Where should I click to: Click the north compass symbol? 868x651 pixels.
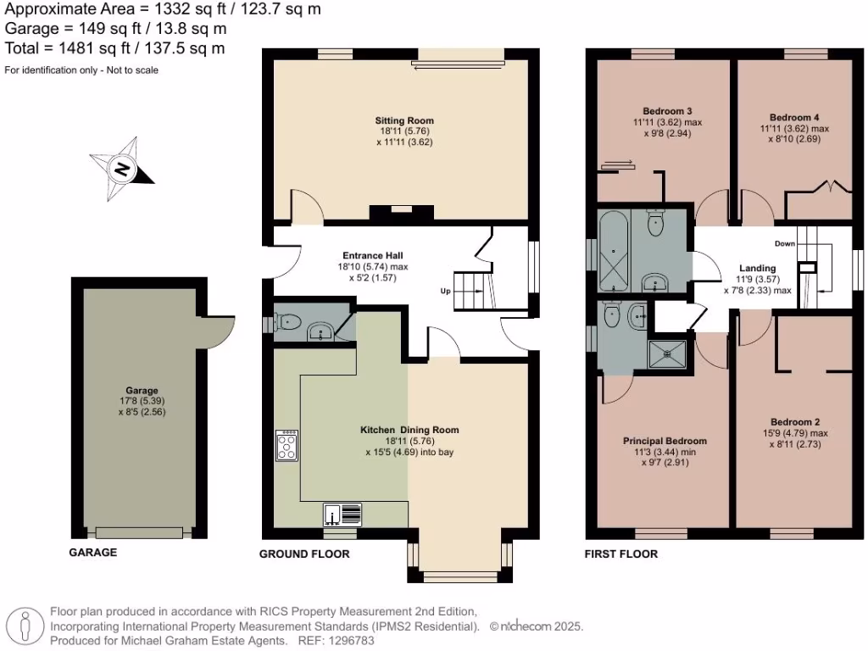[123, 169]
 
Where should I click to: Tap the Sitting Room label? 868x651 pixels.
[404, 120]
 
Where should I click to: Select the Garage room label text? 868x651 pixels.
[139, 392]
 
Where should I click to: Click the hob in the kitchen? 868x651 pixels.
[287, 445]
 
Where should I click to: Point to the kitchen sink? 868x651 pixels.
[342, 514]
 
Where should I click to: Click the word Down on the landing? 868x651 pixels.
[784, 243]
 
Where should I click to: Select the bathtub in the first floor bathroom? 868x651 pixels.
[612, 251]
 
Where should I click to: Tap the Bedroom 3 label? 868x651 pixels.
[661, 111]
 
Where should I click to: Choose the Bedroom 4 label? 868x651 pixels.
[794, 117]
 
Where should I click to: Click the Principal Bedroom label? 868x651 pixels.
[665, 441]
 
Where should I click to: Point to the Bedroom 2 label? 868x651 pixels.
[794, 421]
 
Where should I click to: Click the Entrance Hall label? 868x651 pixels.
[372, 255]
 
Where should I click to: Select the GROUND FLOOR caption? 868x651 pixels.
[303, 554]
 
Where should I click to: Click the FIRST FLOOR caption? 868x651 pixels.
[621, 554]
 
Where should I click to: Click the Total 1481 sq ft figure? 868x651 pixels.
[114, 48]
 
